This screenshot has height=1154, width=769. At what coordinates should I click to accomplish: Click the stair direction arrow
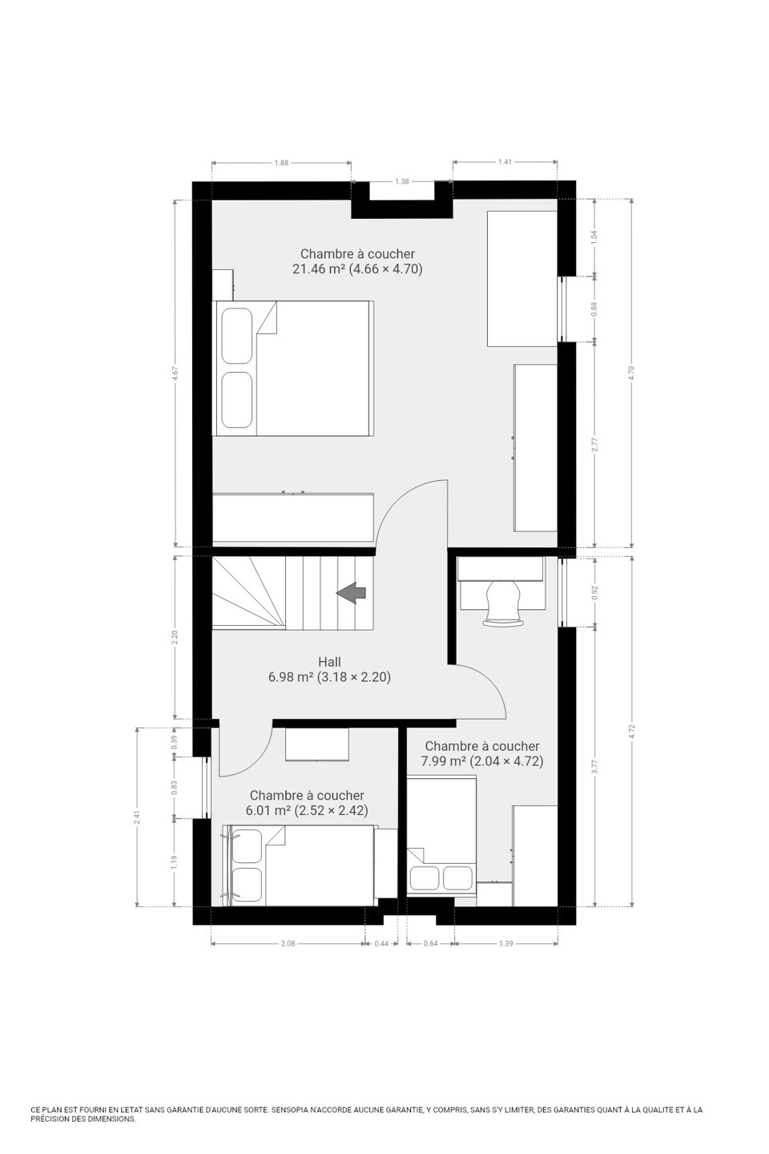[x=352, y=592]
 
